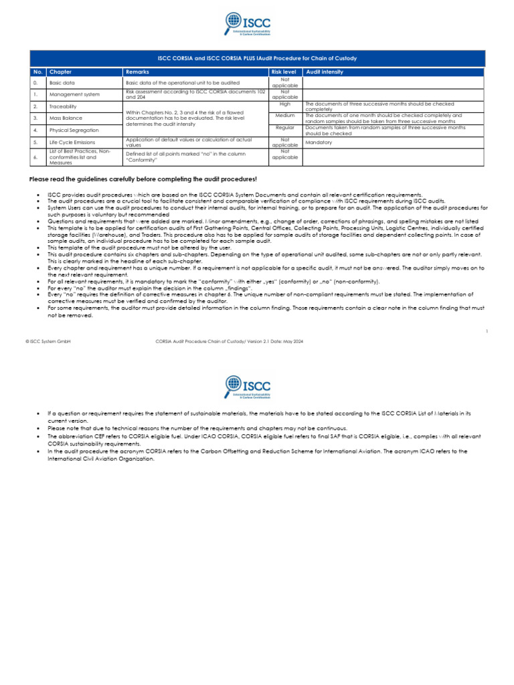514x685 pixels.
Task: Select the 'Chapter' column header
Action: tap(60, 71)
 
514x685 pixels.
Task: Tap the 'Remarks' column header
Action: tap(137, 71)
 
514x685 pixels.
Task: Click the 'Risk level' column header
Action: tap(284, 71)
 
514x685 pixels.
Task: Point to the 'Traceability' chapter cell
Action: tap(63, 106)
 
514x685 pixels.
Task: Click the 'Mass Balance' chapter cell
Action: tap(64, 118)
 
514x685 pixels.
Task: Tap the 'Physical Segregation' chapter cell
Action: tap(74, 130)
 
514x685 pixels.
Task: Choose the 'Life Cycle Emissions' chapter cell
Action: tap(72, 142)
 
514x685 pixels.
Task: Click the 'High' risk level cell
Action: tap(285, 104)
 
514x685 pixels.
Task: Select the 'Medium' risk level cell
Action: tap(285, 115)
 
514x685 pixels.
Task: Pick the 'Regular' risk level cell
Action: tap(285, 127)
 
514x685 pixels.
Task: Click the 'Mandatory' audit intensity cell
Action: tap(319, 142)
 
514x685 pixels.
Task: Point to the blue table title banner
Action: tap(256, 58)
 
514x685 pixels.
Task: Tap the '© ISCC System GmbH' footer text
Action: tap(48, 341)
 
